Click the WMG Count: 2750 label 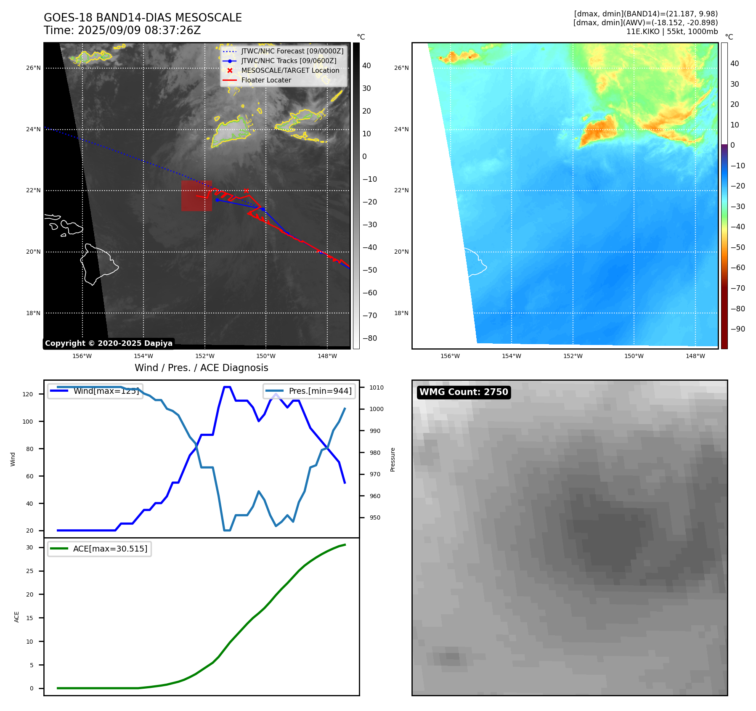click(464, 392)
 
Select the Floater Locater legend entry click(266, 80)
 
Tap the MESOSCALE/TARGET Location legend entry click(290, 71)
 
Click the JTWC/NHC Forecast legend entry click(292, 51)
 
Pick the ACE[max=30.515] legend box click(100, 549)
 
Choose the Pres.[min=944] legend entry click(310, 391)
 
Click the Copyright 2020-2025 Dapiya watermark click(109, 343)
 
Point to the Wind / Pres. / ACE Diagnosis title click(201, 368)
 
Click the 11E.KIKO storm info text click(672, 32)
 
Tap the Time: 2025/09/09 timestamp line click(122, 30)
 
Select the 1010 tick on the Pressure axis click(377, 387)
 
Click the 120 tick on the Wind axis click(28, 394)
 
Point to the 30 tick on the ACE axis click(29, 547)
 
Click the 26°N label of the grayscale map click(33, 68)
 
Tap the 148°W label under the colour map click(695, 356)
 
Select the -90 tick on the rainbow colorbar click(737, 329)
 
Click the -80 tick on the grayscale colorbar click(370, 338)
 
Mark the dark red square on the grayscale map click(196, 196)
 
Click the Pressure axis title click(393, 459)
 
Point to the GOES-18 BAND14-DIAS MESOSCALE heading click(143, 18)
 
